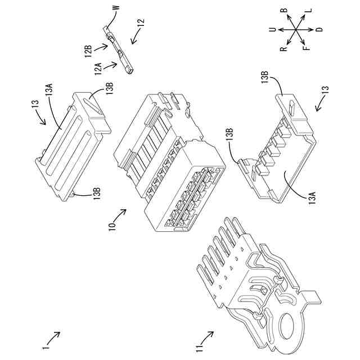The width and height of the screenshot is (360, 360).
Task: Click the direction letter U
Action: [272, 29]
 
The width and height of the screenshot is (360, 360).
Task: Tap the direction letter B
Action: [285, 11]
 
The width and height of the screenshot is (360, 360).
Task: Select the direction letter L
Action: [308, 11]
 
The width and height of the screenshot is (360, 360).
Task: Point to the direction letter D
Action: [319, 29]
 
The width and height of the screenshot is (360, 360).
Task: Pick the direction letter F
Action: [307, 49]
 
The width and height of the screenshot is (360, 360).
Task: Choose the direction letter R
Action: [284, 49]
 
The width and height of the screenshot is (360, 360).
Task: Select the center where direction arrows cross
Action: [295, 29]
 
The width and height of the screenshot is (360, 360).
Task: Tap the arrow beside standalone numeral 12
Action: [135, 38]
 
